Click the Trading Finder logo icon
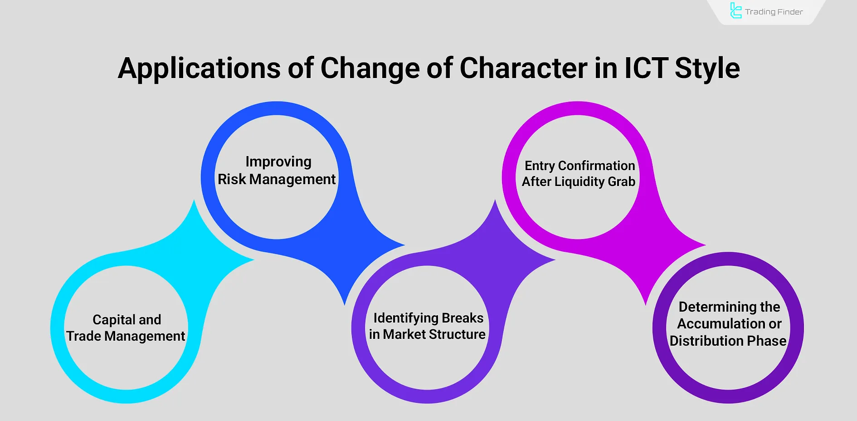pyautogui.click(x=735, y=11)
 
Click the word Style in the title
pyautogui.click(x=707, y=69)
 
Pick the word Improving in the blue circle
pyautogui.click(x=278, y=162)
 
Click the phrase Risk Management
pyautogui.click(x=277, y=180)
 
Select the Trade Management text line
pyautogui.click(x=126, y=336)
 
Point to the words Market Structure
pyautogui.click(x=434, y=335)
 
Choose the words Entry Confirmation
pyautogui.click(x=579, y=166)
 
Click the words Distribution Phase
pyautogui.click(x=728, y=341)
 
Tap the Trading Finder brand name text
pyautogui.click(x=774, y=12)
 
